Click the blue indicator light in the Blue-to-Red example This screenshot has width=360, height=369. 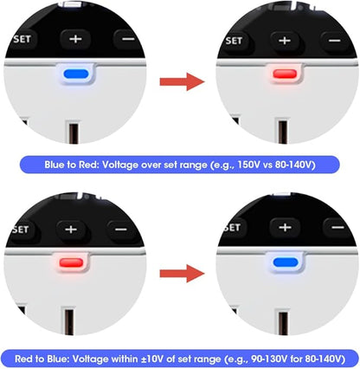click(x=76, y=74)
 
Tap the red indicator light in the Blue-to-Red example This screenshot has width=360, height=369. click(x=285, y=74)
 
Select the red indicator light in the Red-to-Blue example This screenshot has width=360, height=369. click(x=71, y=262)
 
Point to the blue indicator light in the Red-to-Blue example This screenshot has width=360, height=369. click(x=286, y=262)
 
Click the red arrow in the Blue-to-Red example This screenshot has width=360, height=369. click(x=182, y=81)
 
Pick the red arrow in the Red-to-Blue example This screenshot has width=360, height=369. click(x=182, y=273)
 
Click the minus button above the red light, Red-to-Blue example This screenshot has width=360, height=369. click(x=121, y=230)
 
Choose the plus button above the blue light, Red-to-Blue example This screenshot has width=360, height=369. click(x=285, y=228)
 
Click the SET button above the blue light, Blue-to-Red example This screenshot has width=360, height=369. click(x=22, y=40)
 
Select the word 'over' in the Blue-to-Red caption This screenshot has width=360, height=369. click(x=151, y=165)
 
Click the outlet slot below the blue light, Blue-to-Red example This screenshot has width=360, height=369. click(x=74, y=133)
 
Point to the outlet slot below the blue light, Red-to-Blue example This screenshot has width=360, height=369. click(x=283, y=323)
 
